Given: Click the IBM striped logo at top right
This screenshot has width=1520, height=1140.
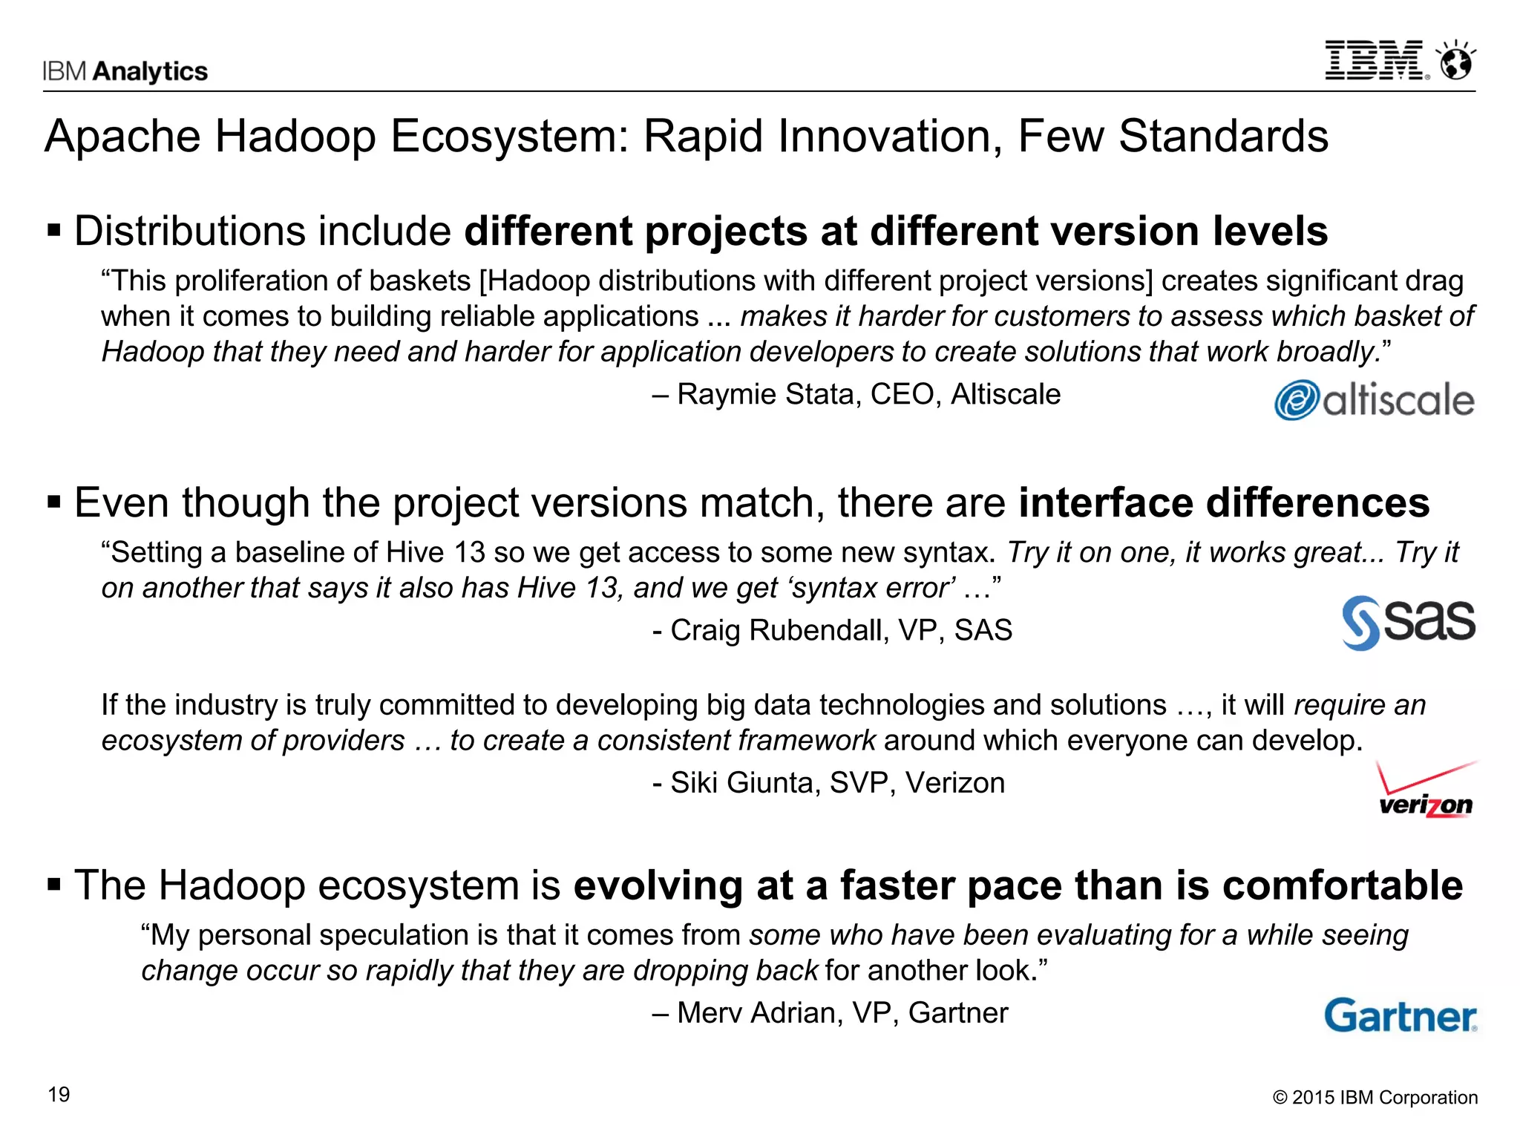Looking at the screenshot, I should click(x=1375, y=61).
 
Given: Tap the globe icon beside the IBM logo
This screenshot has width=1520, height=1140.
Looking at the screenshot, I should click(x=1456, y=61).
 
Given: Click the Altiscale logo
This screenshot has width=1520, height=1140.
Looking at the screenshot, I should click(x=1375, y=400).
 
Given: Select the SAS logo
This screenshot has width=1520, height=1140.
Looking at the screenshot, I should click(x=1408, y=622).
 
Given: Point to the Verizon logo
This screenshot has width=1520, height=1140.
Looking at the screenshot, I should click(x=1426, y=791).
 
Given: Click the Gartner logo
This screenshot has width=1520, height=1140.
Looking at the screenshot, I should click(x=1401, y=1015).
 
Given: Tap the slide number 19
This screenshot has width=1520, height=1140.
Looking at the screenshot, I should click(x=59, y=1095).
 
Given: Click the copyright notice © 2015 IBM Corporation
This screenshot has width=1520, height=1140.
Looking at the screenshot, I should click(x=1375, y=1098).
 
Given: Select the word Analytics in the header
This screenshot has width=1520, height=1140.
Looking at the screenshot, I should click(x=151, y=71).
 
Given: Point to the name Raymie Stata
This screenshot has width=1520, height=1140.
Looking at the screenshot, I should click(x=769, y=394).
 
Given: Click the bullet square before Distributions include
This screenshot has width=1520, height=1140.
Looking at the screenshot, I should click(x=53, y=230).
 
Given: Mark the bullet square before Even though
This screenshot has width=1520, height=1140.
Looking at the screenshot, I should click(x=53, y=502).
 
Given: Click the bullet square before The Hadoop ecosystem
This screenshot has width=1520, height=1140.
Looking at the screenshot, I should click(x=53, y=885).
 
